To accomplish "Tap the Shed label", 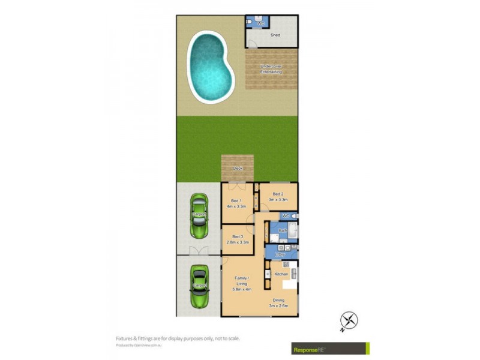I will pyautogui.click(x=275, y=35).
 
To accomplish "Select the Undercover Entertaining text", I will pyautogui.click(x=271, y=69).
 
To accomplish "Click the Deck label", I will pyautogui.click(x=238, y=169).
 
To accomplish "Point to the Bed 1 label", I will pyautogui.click(x=236, y=200).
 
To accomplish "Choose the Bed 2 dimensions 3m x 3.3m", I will pyautogui.click(x=278, y=200).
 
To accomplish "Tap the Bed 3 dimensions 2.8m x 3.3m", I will pyautogui.click(x=238, y=242).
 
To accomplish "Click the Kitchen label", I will pyautogui.click(x=281, y=274).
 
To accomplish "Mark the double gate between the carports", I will pyautogui.click(x=198, y=251).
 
